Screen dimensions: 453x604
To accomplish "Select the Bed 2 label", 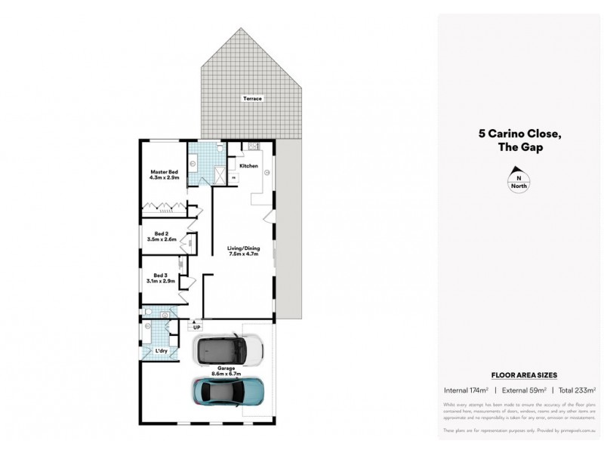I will [160, 234].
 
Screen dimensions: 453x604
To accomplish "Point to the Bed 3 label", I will [160, 275].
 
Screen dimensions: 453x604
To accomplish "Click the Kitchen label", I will [248, 166].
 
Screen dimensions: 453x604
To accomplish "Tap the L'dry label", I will [161, 351].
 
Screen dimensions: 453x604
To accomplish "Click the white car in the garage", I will [227, 349].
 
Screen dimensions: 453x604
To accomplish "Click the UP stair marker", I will [196, 328].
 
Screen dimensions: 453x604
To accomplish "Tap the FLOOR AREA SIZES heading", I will [519, 374].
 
